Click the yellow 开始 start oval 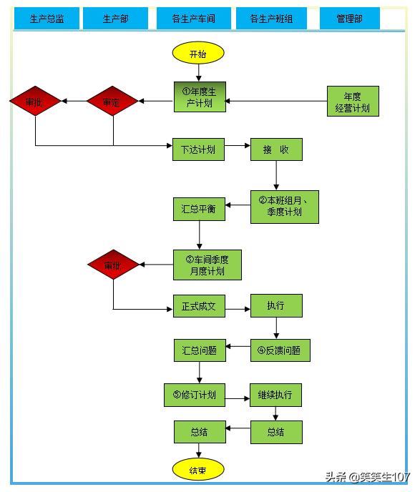198,53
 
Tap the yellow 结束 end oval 198,469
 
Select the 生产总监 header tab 47,19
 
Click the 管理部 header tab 350,19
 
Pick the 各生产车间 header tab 194,19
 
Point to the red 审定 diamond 112,101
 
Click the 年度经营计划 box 353,101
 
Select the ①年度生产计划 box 200,97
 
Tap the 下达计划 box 198,149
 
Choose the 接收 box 276,149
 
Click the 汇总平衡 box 199,209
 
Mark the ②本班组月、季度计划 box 284,207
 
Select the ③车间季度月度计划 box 207,265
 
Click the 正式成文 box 199,306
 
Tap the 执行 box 276,305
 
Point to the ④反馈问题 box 280,350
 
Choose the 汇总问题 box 200,350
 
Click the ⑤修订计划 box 195,395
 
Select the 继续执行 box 275,395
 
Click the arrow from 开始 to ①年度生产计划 198,73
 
